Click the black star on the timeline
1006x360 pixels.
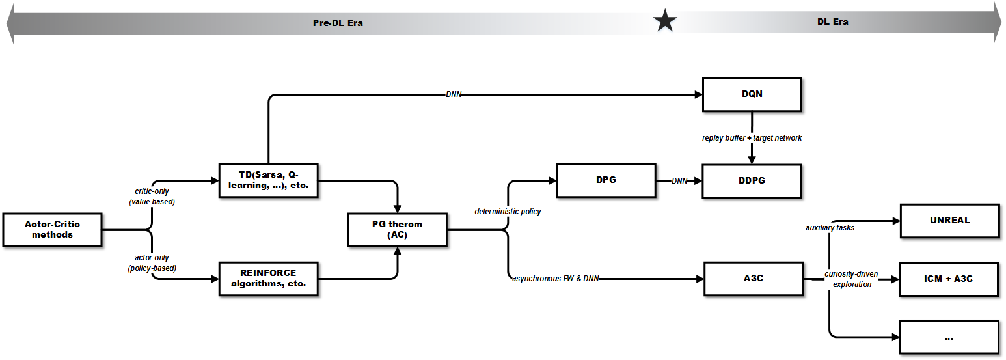[665, 21]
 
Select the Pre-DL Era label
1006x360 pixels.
[338, 23]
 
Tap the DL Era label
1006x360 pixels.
[832, 21]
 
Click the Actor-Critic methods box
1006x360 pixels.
[53, 229]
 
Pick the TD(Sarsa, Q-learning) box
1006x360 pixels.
[268, 180]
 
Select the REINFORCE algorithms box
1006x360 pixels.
[268, 279]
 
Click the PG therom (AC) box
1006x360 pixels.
[397, 229]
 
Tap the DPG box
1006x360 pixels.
[606, 180]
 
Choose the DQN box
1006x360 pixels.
[752, 94]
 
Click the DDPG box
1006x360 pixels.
[752, 180]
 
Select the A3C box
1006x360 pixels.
[753, 279]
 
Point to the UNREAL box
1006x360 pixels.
[949, 220]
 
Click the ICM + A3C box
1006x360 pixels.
[949, 279]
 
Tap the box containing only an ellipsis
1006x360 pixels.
[949, 337]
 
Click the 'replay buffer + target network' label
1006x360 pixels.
[752, 138]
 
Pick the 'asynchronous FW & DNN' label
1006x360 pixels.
[555, 279]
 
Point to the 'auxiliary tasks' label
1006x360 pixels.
[830, 228]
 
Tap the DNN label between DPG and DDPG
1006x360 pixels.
[679, 181]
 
